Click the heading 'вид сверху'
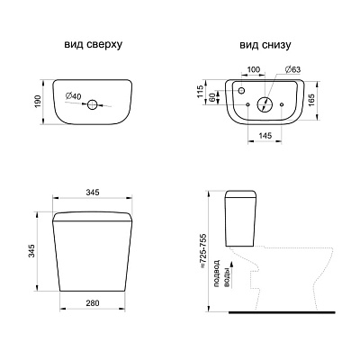click(x=93, y=44)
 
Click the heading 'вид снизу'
click(x=265, y=45)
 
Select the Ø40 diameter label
click(x=73, y=96)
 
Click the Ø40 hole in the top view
click(x=92, y=104)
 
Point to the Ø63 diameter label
click(x=292, y=69)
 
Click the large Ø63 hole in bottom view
click(x=265, y=104)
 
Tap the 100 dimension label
click(x=254, y=69)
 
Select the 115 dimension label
click(x=201, y=92)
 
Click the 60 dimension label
click(x=211, y=97)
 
